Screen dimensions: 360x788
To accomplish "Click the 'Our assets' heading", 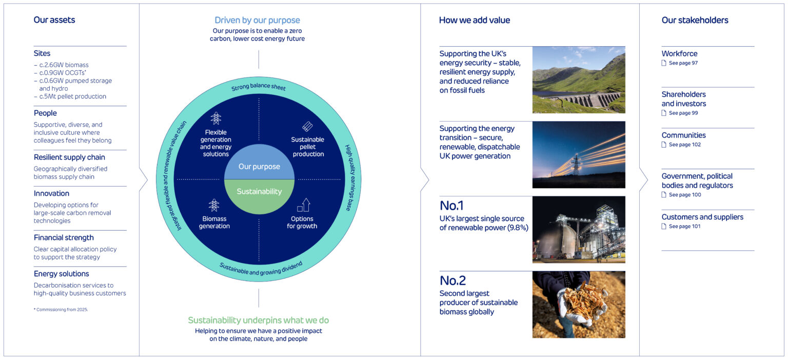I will (54, 20).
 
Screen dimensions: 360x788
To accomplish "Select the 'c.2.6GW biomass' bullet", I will (61, 65).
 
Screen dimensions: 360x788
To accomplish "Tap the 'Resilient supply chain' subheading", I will (69, 157).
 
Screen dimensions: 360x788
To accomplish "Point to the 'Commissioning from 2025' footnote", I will (61, 310).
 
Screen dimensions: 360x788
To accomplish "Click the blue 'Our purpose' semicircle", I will (259, 165).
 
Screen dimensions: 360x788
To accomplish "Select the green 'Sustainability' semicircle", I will (259, 193).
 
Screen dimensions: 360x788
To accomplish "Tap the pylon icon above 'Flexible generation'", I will (215, 118).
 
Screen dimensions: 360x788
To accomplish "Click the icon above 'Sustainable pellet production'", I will (307, 126).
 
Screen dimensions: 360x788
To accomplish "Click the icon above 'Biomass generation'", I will (214, 205).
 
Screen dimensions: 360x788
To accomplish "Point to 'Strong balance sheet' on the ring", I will (259, 87).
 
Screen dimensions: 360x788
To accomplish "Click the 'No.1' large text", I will (451, 206).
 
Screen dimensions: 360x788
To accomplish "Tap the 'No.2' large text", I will (452, 281).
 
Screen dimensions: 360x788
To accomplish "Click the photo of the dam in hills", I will (579, 80).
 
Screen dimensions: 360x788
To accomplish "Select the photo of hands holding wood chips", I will (579, 305).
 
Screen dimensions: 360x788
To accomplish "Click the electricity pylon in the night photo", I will (576, 164).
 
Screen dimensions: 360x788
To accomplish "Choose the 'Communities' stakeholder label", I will (683, 135).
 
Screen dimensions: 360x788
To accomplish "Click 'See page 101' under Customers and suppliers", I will (684, 226).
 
